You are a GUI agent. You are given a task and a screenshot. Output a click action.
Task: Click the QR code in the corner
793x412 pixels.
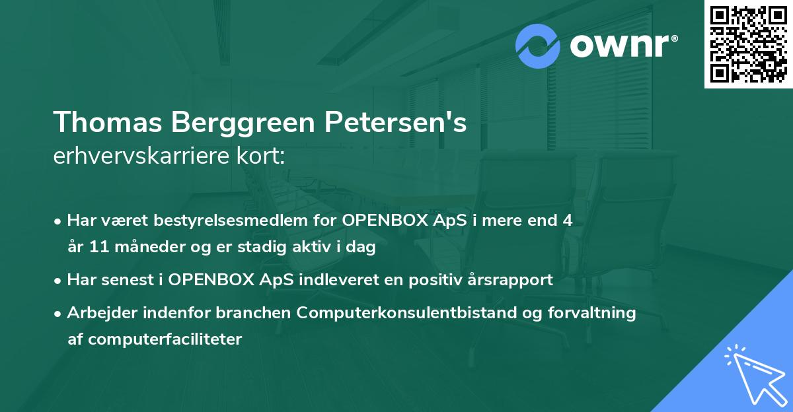(748, 44)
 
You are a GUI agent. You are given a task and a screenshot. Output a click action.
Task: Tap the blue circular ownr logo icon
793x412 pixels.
(538, 46)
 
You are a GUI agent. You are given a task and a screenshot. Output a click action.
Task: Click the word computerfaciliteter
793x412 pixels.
(155, 339)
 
